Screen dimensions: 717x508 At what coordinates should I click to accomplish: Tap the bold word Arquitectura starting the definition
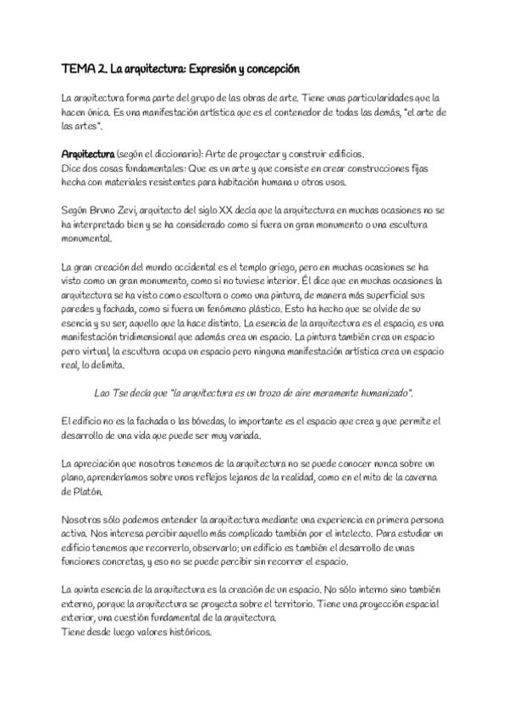point(88,154)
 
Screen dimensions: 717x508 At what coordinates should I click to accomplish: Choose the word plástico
point(222,311)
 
